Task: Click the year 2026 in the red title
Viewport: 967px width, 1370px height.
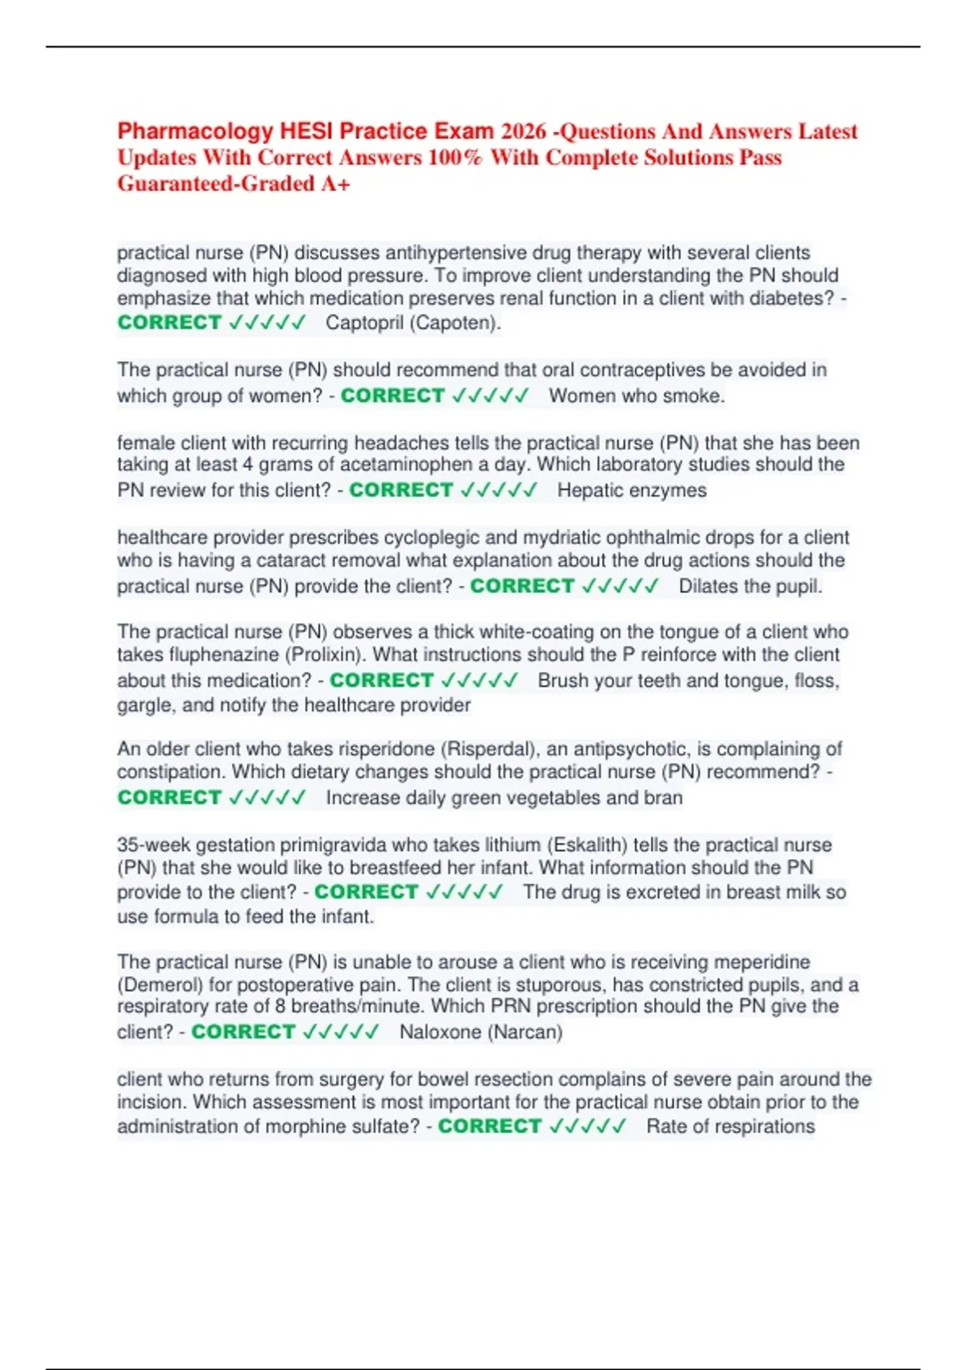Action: coord(524,131)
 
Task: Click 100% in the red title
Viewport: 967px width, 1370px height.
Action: coord(454,157)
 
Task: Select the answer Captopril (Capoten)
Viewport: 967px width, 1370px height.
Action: coord(413,323)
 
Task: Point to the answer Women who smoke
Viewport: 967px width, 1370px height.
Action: coord(637,396)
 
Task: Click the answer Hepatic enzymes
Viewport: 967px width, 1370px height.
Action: coord(632,490)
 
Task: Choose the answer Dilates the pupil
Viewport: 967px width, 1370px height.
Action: coord(750,586)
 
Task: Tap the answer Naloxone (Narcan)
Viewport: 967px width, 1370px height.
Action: coord(481,1032)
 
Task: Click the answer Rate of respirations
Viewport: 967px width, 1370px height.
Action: coord(730,1126)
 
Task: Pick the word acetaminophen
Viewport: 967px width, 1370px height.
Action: coord(406,464)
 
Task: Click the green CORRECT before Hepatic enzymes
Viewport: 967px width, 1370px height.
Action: coord(401,490)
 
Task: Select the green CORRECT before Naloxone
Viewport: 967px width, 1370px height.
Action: coord(243,1032)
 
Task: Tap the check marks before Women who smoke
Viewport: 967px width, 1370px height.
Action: coord(491,396)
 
